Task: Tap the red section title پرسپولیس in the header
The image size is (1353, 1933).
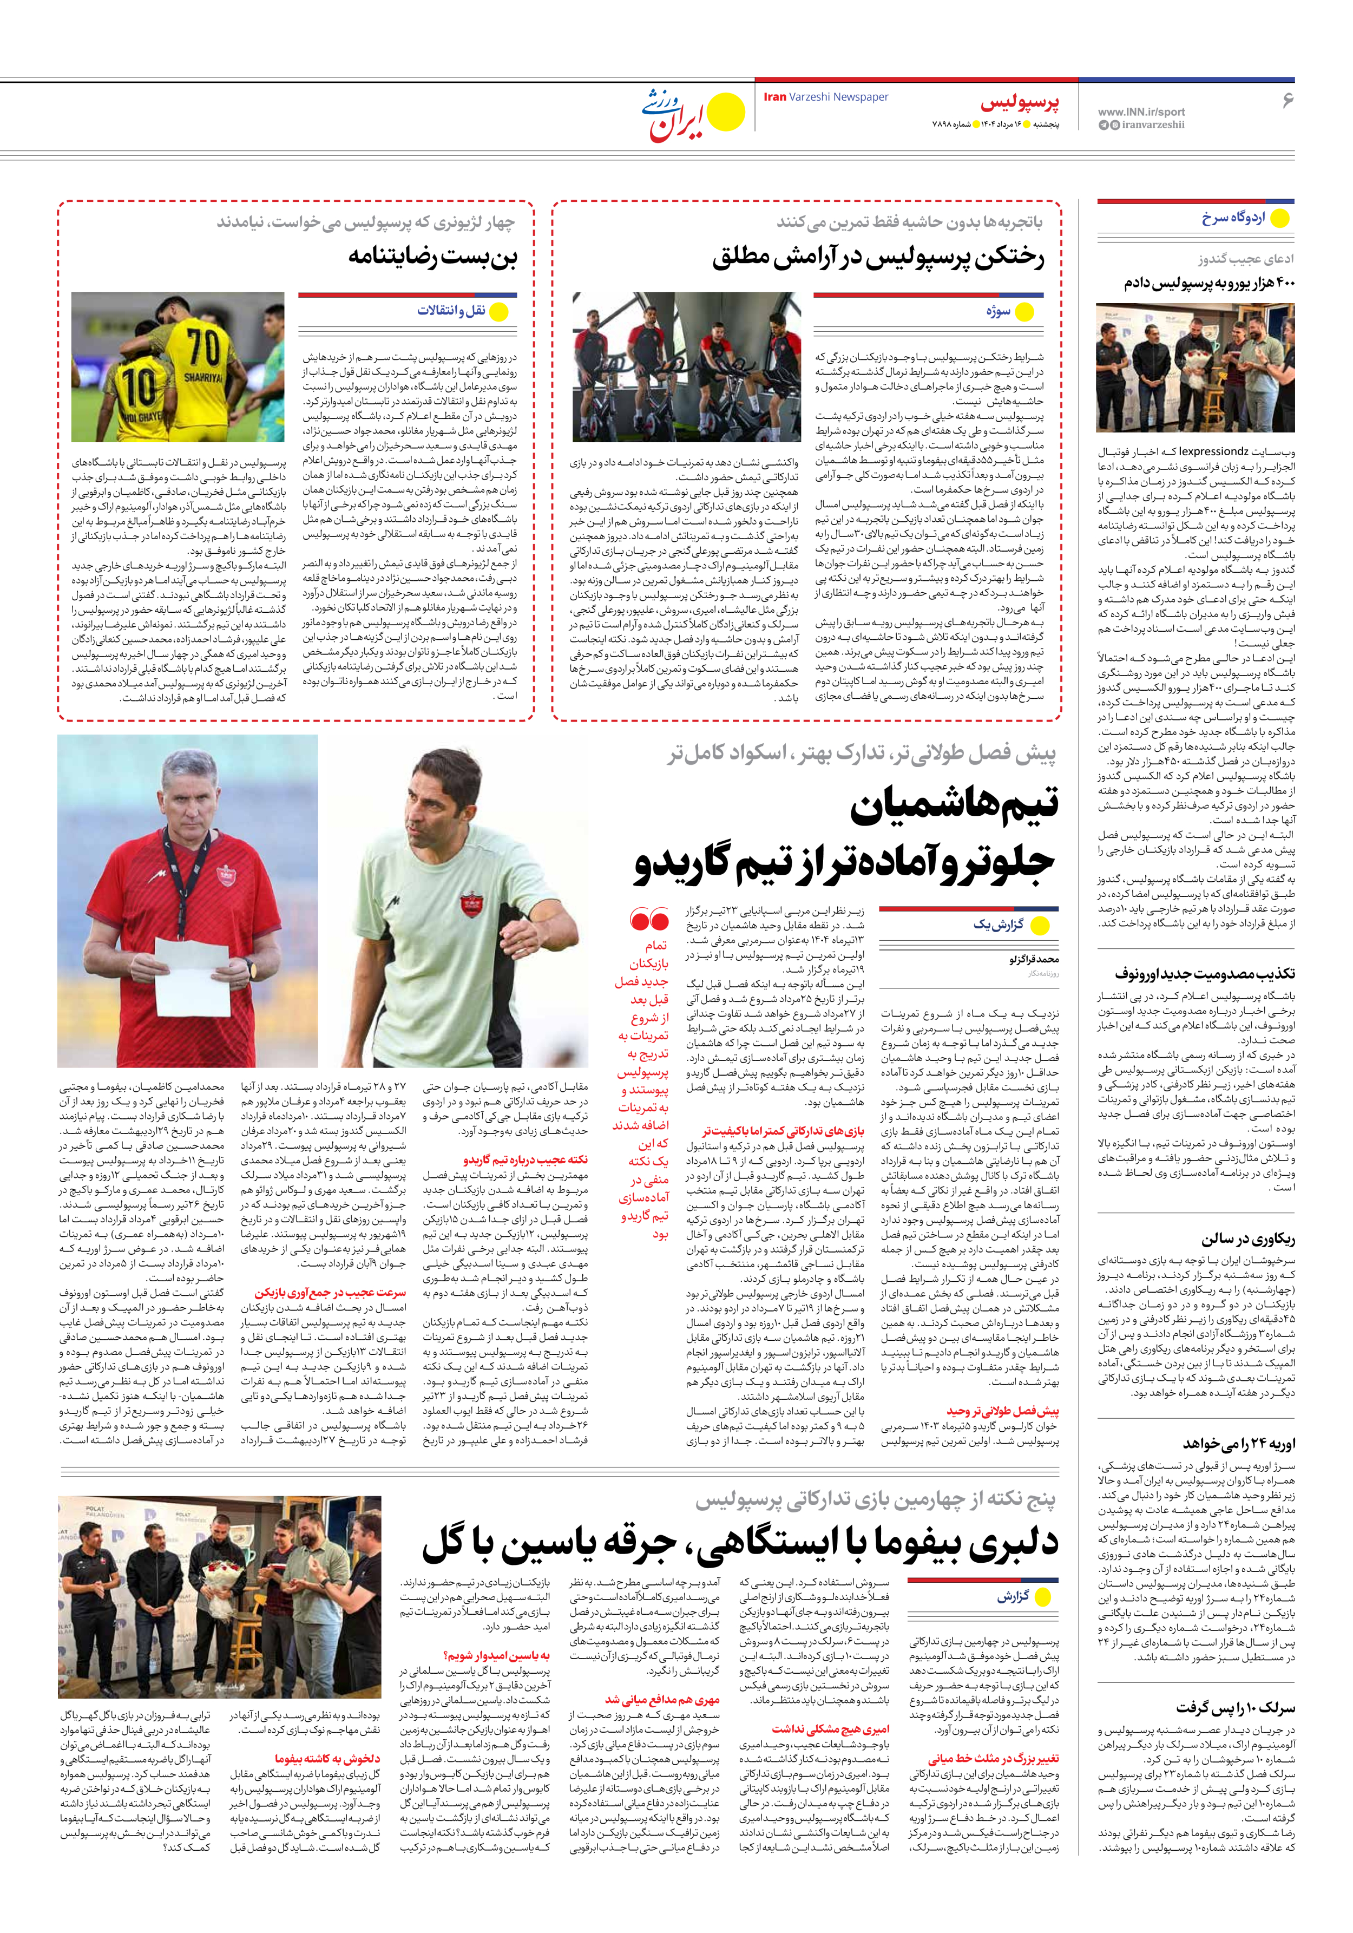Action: point(1020,103)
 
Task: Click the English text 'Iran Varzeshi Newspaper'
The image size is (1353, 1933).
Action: point(825,97)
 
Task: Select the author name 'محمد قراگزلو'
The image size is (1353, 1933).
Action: point(1033,959)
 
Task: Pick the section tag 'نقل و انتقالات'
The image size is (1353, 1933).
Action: point(451,311)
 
